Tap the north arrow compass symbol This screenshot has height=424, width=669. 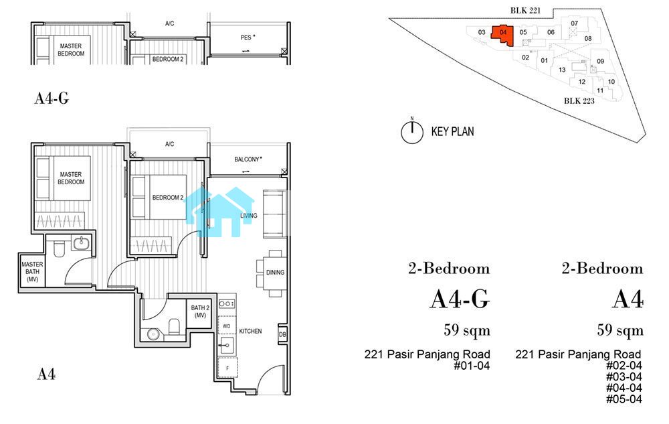tap(412, 131)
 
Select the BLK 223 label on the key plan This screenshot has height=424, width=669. tap(579, 100)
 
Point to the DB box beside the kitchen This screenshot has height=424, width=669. tap(282, 334)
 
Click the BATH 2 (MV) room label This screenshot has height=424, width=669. tap(200, 311)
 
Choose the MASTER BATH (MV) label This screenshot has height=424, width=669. tap(32, 271)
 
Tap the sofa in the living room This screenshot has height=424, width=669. tap(274, 214)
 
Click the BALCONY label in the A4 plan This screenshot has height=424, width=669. tap(248, 159)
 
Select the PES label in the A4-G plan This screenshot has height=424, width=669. tap(248, 38)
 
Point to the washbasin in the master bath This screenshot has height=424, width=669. tap(81, 243)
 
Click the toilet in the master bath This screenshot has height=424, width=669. tap(59, 249)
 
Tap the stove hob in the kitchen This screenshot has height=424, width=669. tap(227, 303)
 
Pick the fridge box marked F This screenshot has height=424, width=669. tap(227, 368)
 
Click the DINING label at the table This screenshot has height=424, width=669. tap(275, 273)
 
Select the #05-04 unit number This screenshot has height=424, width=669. tap(624, 400)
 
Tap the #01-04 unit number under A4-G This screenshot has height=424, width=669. tap(472, 366)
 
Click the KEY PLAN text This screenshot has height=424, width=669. tap(453, 131)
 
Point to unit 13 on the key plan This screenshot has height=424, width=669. tap(562, 70)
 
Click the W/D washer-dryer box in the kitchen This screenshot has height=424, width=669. tap(227, 326)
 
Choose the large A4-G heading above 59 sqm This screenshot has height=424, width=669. tap(460, 299)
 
